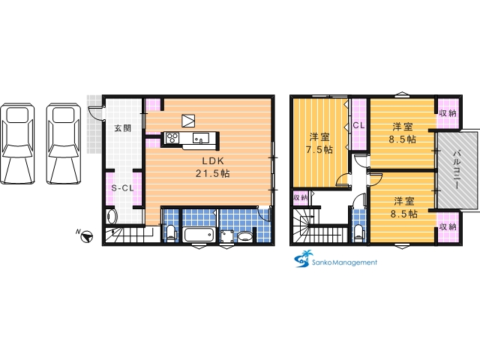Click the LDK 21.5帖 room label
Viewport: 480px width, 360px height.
click(x=213, y=167)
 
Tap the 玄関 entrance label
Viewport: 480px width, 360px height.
click(x=123, y=128)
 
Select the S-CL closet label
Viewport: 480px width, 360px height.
click(x=122, y=188)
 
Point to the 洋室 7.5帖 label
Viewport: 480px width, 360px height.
click(x=319, y=143)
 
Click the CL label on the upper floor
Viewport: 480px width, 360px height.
click(x=358, y=125)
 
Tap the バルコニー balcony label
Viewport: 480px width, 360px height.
click(x=457, y=169)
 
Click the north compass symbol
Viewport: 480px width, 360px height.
click(x=86, y=236)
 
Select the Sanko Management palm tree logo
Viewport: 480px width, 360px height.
click(x=304, y=259)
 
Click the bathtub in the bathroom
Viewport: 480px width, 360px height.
click(x=199, y=235)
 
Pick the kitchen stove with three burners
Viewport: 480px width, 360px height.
click(x=172, y=137)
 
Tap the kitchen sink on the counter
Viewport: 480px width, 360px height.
click(x=201, y=138)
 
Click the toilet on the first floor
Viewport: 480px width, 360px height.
click(x=171, y=233)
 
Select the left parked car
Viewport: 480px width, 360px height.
click(x=17, y=143)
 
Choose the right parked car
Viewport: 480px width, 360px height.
click(x=64, y=143)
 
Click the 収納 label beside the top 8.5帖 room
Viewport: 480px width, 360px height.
click(x=448, y=113)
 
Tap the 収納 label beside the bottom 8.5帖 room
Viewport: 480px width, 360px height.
click(x=448, y=226)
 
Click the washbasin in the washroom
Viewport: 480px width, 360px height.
click(x=245, y=236)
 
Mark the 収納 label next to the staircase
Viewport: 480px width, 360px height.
click(x=301, y=198)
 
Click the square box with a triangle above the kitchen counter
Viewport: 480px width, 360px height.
click(x=188, y=121)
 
